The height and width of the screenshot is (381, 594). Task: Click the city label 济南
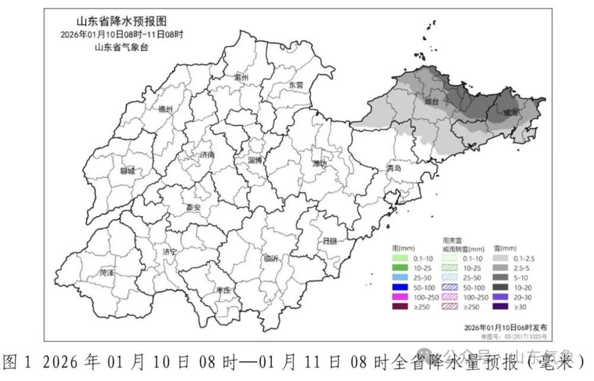tap(208, 155)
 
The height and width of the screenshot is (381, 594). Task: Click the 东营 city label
tap(296, 85)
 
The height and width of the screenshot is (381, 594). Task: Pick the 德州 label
tap(166, 110)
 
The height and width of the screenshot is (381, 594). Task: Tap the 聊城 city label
tap(127, 171)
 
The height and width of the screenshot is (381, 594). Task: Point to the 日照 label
tap(330, 240)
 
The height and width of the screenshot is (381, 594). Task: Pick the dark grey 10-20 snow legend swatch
tap(503, 286)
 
